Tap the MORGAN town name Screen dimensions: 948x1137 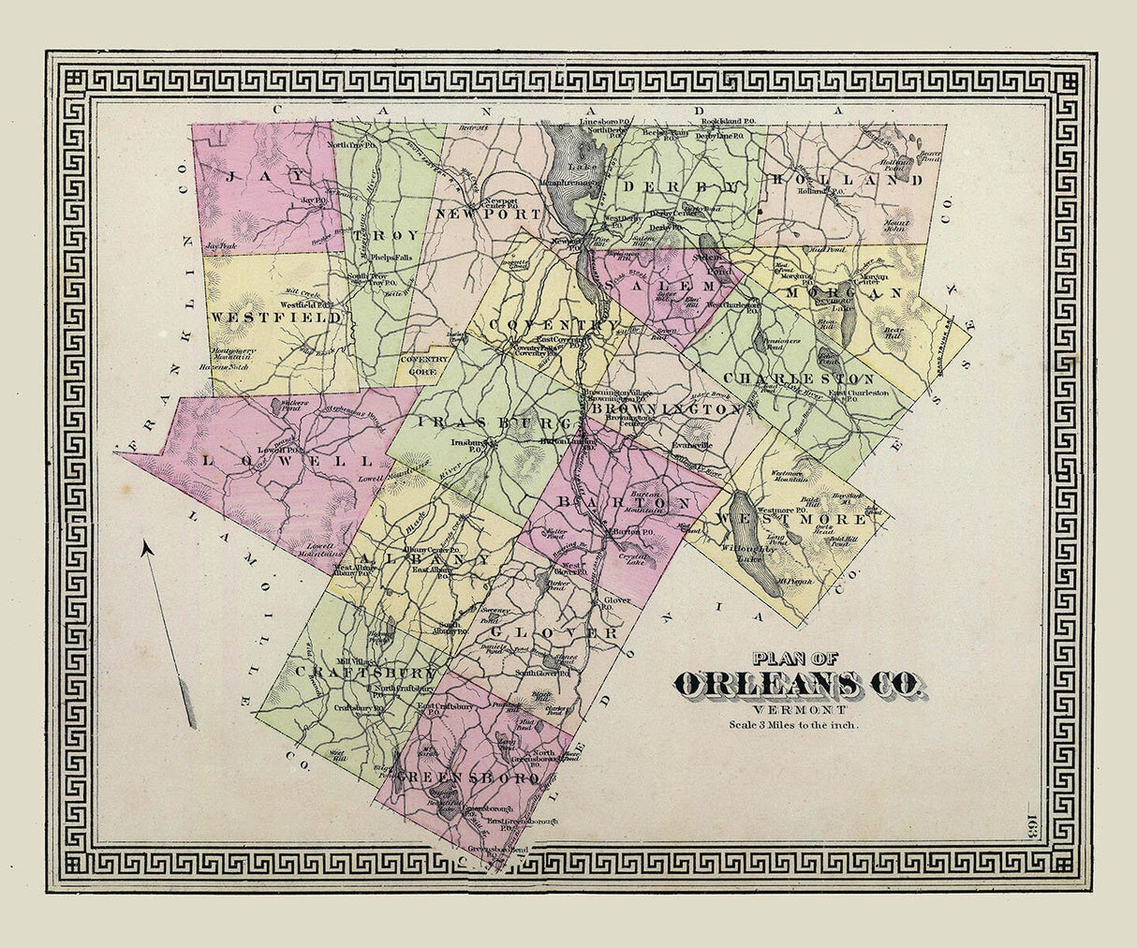[843, 292]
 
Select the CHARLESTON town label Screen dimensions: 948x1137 [804, 378]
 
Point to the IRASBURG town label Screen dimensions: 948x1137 [487, 422]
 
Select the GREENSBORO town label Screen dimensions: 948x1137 [468, 778]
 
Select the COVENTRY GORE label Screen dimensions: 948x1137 [424, 363]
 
